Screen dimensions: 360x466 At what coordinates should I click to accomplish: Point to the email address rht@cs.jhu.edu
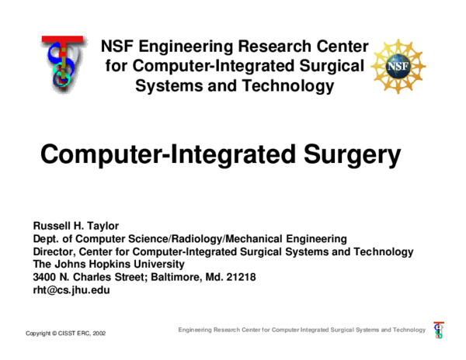tap(71, 290)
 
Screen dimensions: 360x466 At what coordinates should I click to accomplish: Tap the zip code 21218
tap(239, 277)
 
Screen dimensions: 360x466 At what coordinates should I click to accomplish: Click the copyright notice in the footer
tap(65, 334)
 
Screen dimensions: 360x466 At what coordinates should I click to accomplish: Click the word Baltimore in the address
tap(164, 277)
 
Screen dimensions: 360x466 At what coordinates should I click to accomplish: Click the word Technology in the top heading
tap(289, 86)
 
